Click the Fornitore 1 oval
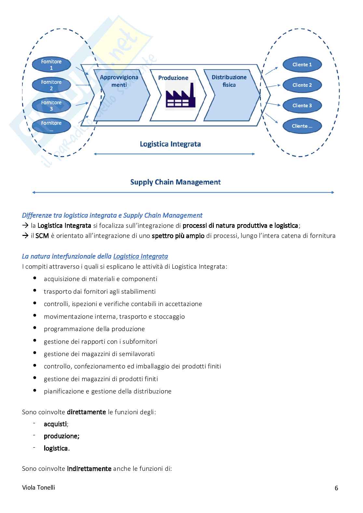coord(51,65)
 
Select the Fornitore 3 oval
coord(51,106)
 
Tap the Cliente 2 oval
coord(302,85)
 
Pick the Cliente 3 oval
coord(302,106)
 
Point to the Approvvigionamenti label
coord(119,81)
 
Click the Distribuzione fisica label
coord(229,81)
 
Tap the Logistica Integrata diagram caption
coord(170,144)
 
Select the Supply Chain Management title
coord(175,182)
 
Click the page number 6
coord(336,488)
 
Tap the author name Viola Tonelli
coord(38,487)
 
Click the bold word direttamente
coord(86,412)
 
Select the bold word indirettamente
coord(89,468)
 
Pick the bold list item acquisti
coord(55,424)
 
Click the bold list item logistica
coord(56,448)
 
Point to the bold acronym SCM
coord(42,236)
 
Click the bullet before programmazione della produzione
coord(35,328)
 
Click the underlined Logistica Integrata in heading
coord(141,256)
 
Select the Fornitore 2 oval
coord(51,85)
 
